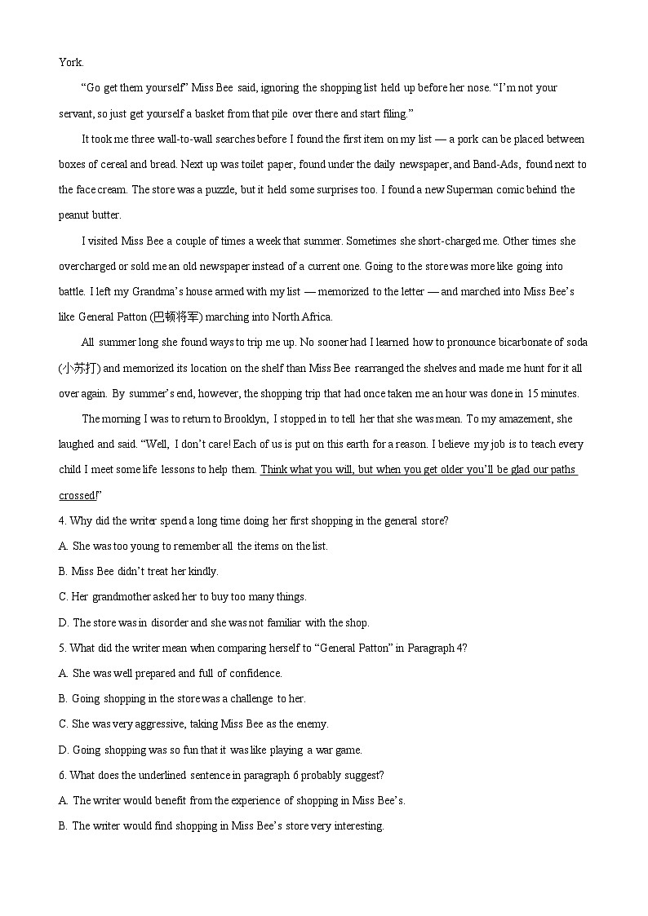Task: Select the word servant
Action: coord(76,113)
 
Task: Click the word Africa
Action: coord(313,317)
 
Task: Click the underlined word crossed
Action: coord(77,496)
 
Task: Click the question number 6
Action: coord(62,775)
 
